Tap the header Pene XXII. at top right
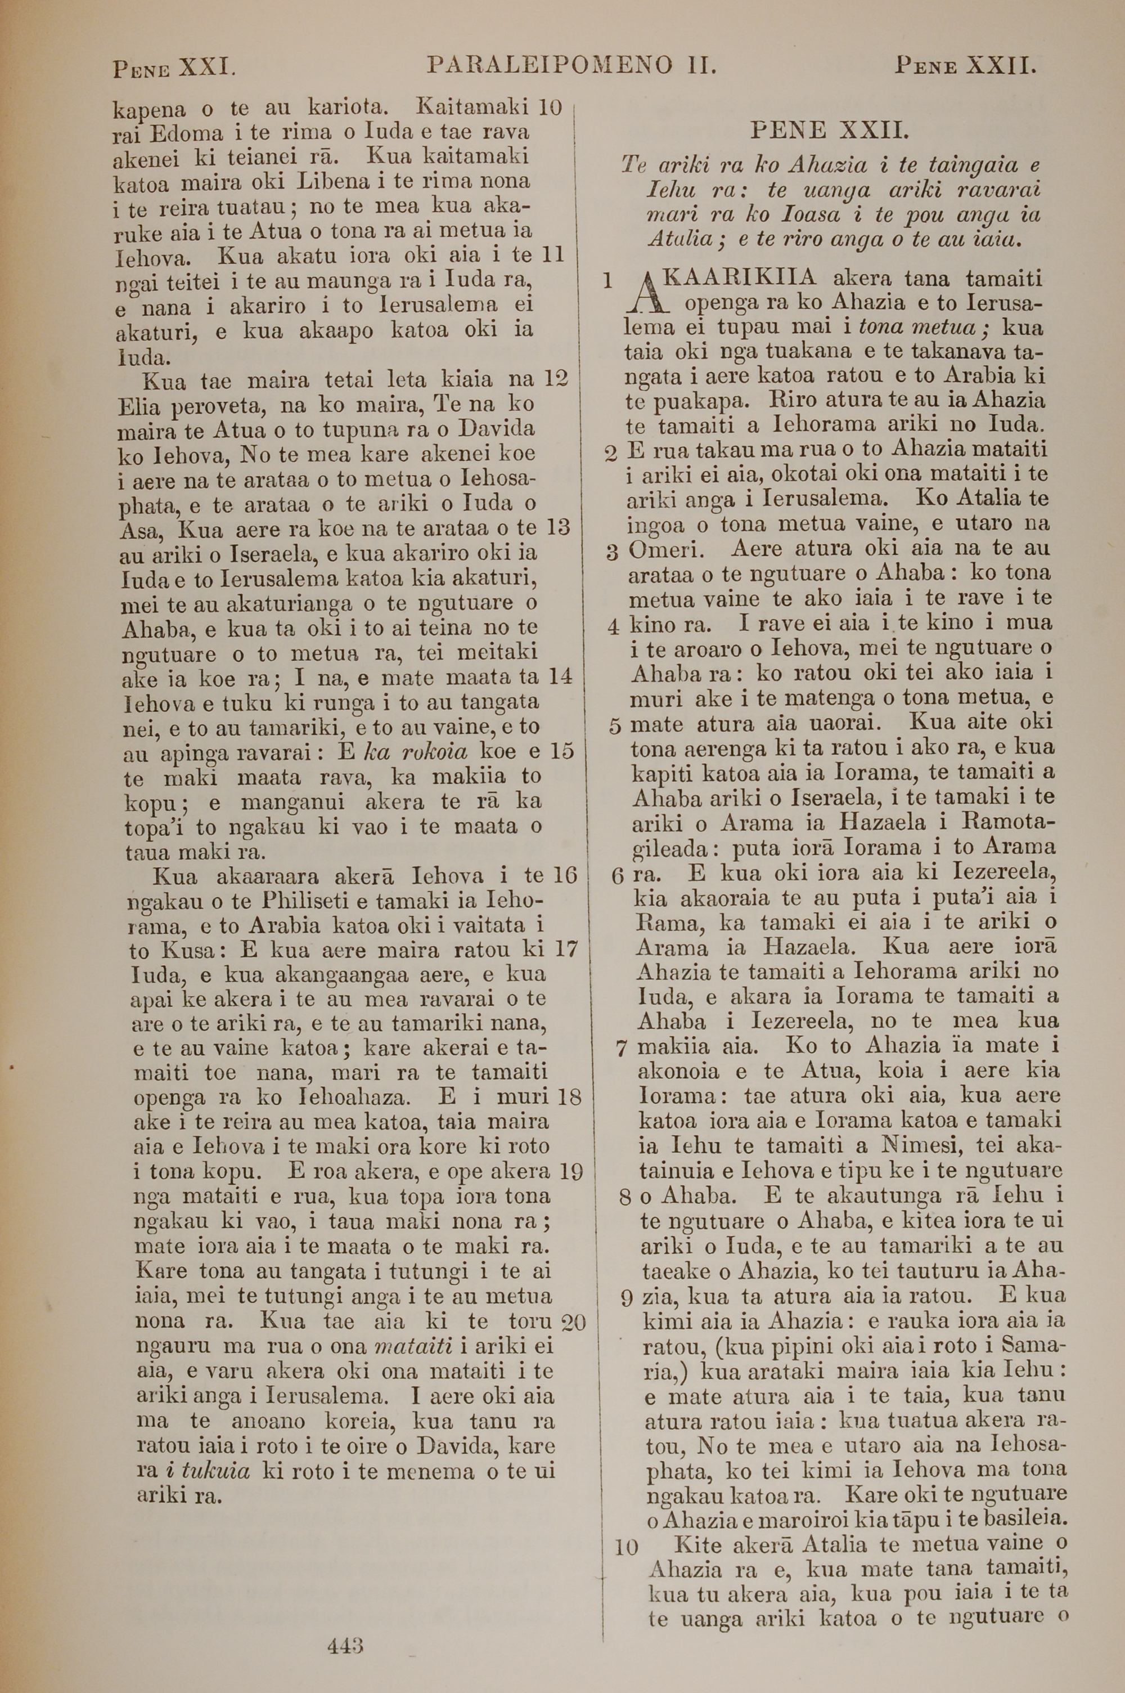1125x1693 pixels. click(x=965, y=68)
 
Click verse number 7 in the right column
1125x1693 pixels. click(x=622, y=1049)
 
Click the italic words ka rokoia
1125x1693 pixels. click(x=416, y=751)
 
